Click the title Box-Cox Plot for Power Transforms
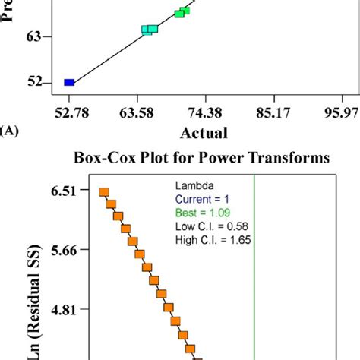[201, 159]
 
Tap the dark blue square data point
[69, 82]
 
